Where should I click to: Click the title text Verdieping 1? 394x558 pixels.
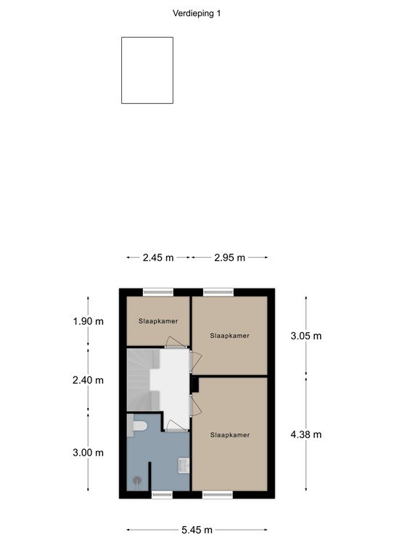pos(197,14)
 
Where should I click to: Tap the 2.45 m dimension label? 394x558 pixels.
pos(158,258)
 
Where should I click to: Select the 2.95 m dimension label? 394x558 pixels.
pos(229,258)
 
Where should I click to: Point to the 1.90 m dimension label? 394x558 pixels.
pos(89,321)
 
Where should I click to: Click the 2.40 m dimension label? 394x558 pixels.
pos(88,381)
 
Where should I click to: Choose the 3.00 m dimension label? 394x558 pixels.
pos(88,453)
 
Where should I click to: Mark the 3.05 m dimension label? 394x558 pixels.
pos(306,336)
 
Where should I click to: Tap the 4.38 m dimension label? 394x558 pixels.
pos(306,434)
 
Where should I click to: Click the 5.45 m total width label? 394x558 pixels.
pos(197,530)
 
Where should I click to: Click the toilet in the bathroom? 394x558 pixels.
pos(137,426)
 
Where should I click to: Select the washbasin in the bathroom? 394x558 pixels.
pos(184,466)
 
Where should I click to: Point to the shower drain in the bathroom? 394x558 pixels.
pos(137,481)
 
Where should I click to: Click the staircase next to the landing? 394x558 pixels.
pos(143,380)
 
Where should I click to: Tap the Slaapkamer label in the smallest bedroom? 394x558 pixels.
pos(158,321)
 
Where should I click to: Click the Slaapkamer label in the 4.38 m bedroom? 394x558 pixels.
pos(230,435)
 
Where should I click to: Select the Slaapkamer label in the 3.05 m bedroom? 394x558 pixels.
pos(229,336)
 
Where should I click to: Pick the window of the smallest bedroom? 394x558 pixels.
pos(158,292)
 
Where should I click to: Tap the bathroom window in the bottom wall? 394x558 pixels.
pos(162,495)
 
